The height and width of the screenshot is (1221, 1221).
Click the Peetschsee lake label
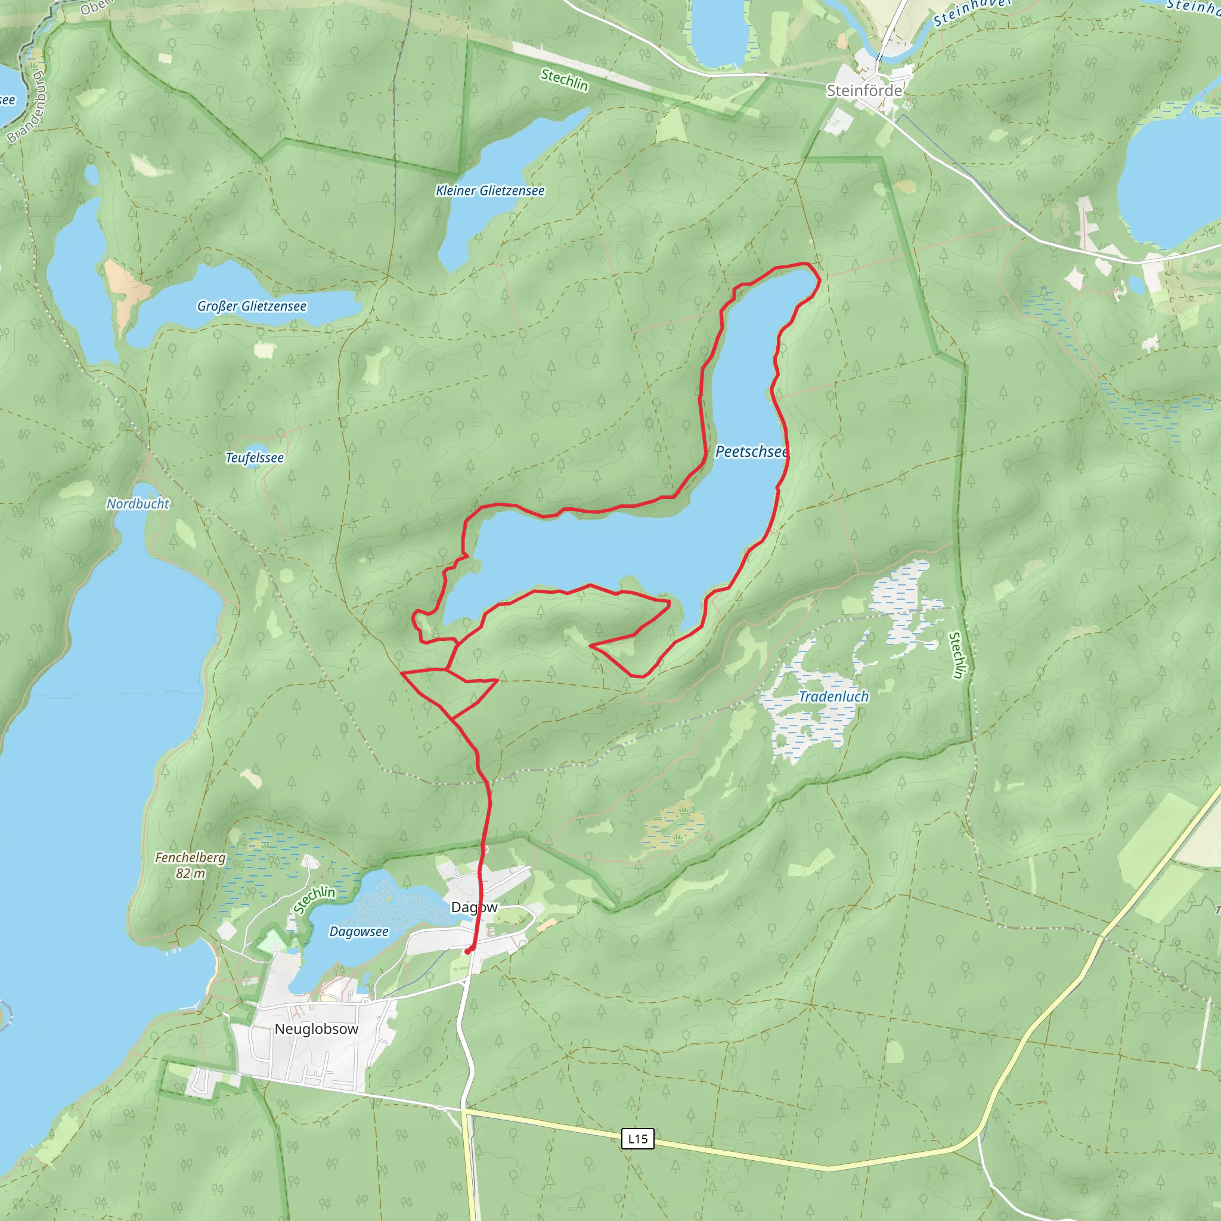click(x=751, y=452)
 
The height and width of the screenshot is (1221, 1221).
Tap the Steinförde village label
click(x=864, y=91)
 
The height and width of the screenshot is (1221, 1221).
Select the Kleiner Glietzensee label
click(x=490, y=191)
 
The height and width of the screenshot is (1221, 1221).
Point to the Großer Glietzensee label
click(x=252, y=306)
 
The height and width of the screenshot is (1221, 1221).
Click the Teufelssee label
click(x=255, y=457)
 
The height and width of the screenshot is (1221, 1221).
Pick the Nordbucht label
click(x=138, y=504)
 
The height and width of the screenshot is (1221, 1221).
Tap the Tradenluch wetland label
click(x=833, y=696)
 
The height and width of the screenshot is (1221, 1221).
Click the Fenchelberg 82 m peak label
click(x=190, y=865)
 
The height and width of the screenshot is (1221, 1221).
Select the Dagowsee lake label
click(x=359, y=932)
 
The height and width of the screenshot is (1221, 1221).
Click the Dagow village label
click(x=474, y=907)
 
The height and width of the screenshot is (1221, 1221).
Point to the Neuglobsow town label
click(x=316, y=1029)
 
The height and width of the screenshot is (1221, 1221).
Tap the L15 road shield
click(x=638, y=1139)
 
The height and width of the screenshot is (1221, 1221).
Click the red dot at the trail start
click(x=467, y=951)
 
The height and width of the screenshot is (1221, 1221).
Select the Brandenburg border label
click(x=27, y=107)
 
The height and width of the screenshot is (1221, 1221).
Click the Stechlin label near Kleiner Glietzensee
click(x=565, y=80)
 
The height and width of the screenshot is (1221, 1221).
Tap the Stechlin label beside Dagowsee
click(x=314, y=899)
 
